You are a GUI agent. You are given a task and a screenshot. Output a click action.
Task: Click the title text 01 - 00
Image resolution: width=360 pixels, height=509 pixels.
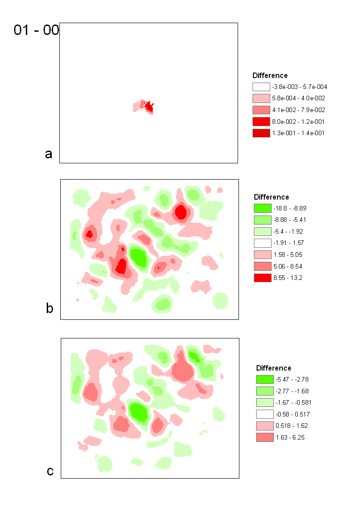(x=36, y=30)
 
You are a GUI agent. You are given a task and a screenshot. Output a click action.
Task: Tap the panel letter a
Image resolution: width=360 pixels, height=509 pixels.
(x=49, y=154)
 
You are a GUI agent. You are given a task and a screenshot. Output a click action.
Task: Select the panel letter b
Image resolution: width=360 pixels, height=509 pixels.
(x=50, y=308)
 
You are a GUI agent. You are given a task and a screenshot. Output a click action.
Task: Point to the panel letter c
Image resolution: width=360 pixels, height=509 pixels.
(x=50, y=471)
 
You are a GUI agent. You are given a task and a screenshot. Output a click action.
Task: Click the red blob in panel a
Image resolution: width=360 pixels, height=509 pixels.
(x=149, y=107)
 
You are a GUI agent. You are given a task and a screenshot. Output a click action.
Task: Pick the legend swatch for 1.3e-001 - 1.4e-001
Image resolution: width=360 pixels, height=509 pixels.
(x=261, y=133)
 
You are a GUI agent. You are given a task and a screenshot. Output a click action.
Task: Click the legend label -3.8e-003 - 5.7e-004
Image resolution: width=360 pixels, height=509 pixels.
(x=300, y=87)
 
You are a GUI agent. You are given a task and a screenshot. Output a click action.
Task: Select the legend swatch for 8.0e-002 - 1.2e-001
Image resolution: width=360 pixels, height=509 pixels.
(x=261, y=122)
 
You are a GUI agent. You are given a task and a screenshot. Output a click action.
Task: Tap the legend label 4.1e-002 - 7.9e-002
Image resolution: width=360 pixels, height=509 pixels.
(x=298, y=110)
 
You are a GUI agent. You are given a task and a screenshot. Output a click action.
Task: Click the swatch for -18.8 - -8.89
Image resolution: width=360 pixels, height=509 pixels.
(x=262, y=208)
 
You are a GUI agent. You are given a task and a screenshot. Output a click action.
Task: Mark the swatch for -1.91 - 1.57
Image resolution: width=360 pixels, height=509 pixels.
(x=262, y=243)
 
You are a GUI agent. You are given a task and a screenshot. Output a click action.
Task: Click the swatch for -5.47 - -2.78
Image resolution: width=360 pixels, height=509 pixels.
(x=265, y=379)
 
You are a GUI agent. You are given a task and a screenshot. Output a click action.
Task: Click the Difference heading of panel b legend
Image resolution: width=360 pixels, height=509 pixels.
(x=271, y=197)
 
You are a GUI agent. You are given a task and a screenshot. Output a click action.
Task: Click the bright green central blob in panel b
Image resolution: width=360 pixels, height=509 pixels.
(x=139, y=257)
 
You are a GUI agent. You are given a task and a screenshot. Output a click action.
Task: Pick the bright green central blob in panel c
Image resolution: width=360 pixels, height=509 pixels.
(x=139, y=412)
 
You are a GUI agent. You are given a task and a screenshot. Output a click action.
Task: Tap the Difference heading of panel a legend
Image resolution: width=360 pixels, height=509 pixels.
(x=270, y=75)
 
